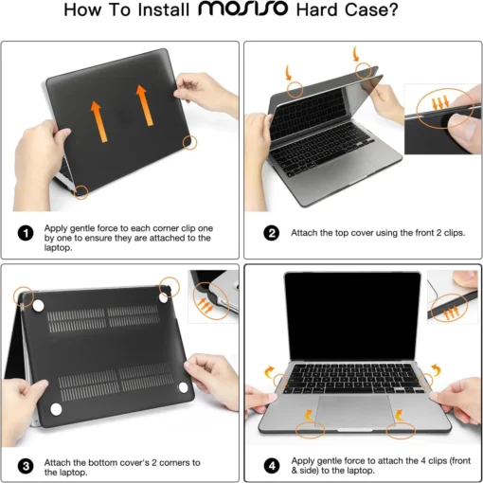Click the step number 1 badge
point(26,231)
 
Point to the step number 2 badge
point(271,231)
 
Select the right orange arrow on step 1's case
point(145,105)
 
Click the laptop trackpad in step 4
point(352,413)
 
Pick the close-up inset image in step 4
point(452,303)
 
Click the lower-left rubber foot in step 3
point(54,409)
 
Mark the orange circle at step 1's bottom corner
point(82,191)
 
